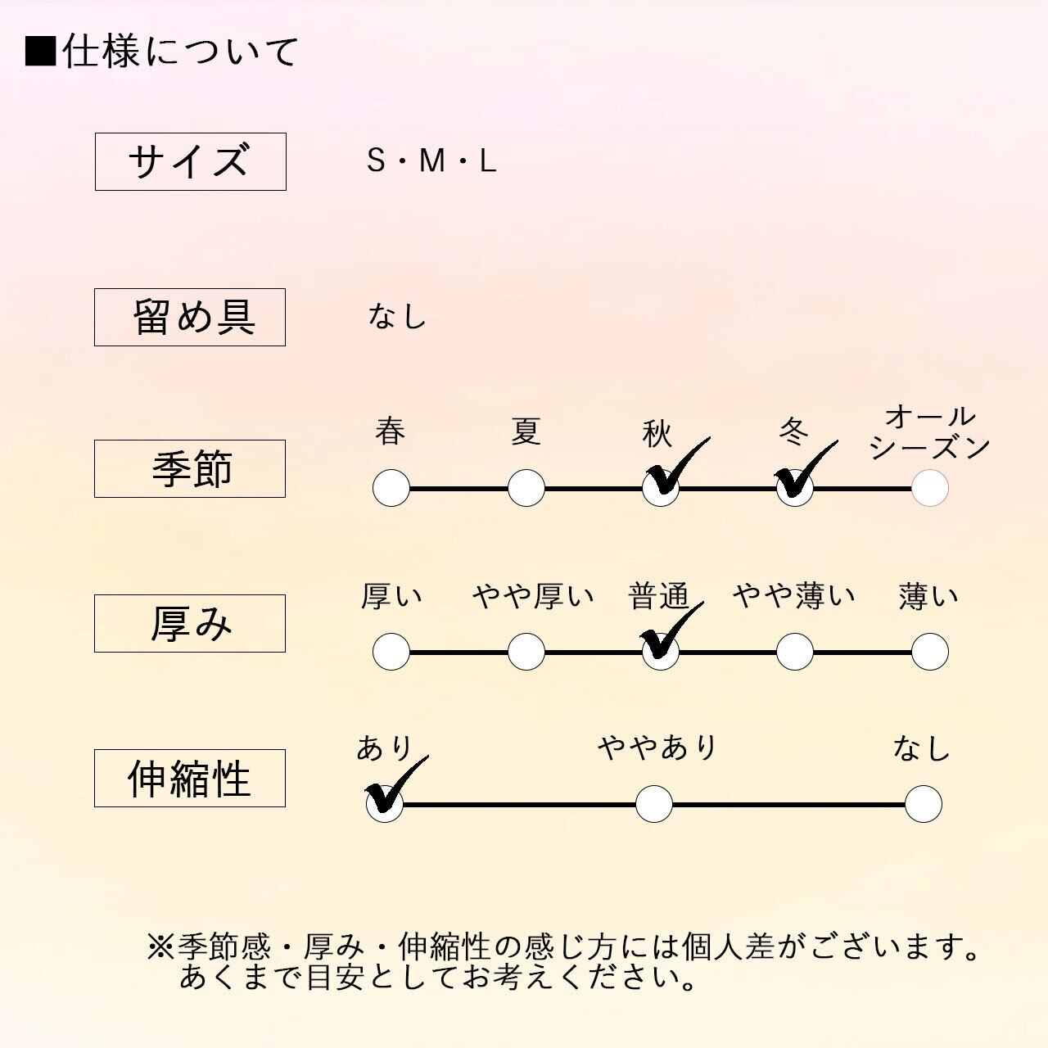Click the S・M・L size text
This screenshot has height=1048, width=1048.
[431, 161]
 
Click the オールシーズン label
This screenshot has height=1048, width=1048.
[929, 432]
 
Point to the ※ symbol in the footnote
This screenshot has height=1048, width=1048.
[161, 947]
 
